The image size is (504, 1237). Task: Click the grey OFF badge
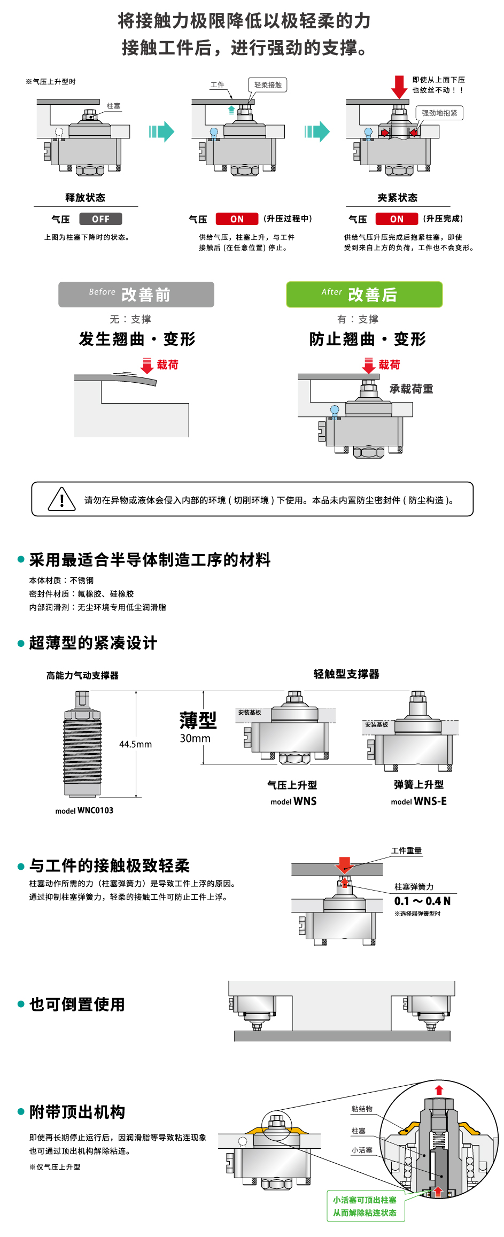click(x=100, y=219)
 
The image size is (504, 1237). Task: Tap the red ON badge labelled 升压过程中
click(x=237, y=219)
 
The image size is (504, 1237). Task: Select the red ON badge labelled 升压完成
click(x=397, y=219)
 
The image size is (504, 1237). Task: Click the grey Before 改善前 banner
click(x=136, y=295)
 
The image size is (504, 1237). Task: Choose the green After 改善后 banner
click(x=365, y=295)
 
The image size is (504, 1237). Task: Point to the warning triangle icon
click(x=61, y=499)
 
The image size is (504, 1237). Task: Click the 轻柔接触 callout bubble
click(x=268, y=85)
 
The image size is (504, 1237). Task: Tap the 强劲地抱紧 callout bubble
click(x=439, y=113)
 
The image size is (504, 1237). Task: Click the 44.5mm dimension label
click(x=135, y=744)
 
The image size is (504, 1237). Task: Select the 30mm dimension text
click(x=195, y=738)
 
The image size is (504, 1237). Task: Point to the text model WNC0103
click(x=84, y=810)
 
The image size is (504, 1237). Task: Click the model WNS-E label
click(x=418, y=801)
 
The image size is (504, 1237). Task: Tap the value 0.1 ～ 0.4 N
click(x=422, y=901)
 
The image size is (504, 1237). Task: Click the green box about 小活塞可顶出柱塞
click(x=365, y=1206)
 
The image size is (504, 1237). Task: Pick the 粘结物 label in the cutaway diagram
click(x=362, y=1109)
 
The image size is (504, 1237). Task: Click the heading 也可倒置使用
click(x=77, y=1004)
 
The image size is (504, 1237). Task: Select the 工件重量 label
click(x=406, y=851)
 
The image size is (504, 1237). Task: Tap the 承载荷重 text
click(x=411, y=389)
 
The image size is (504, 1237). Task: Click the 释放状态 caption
click(x=86, y=198)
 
